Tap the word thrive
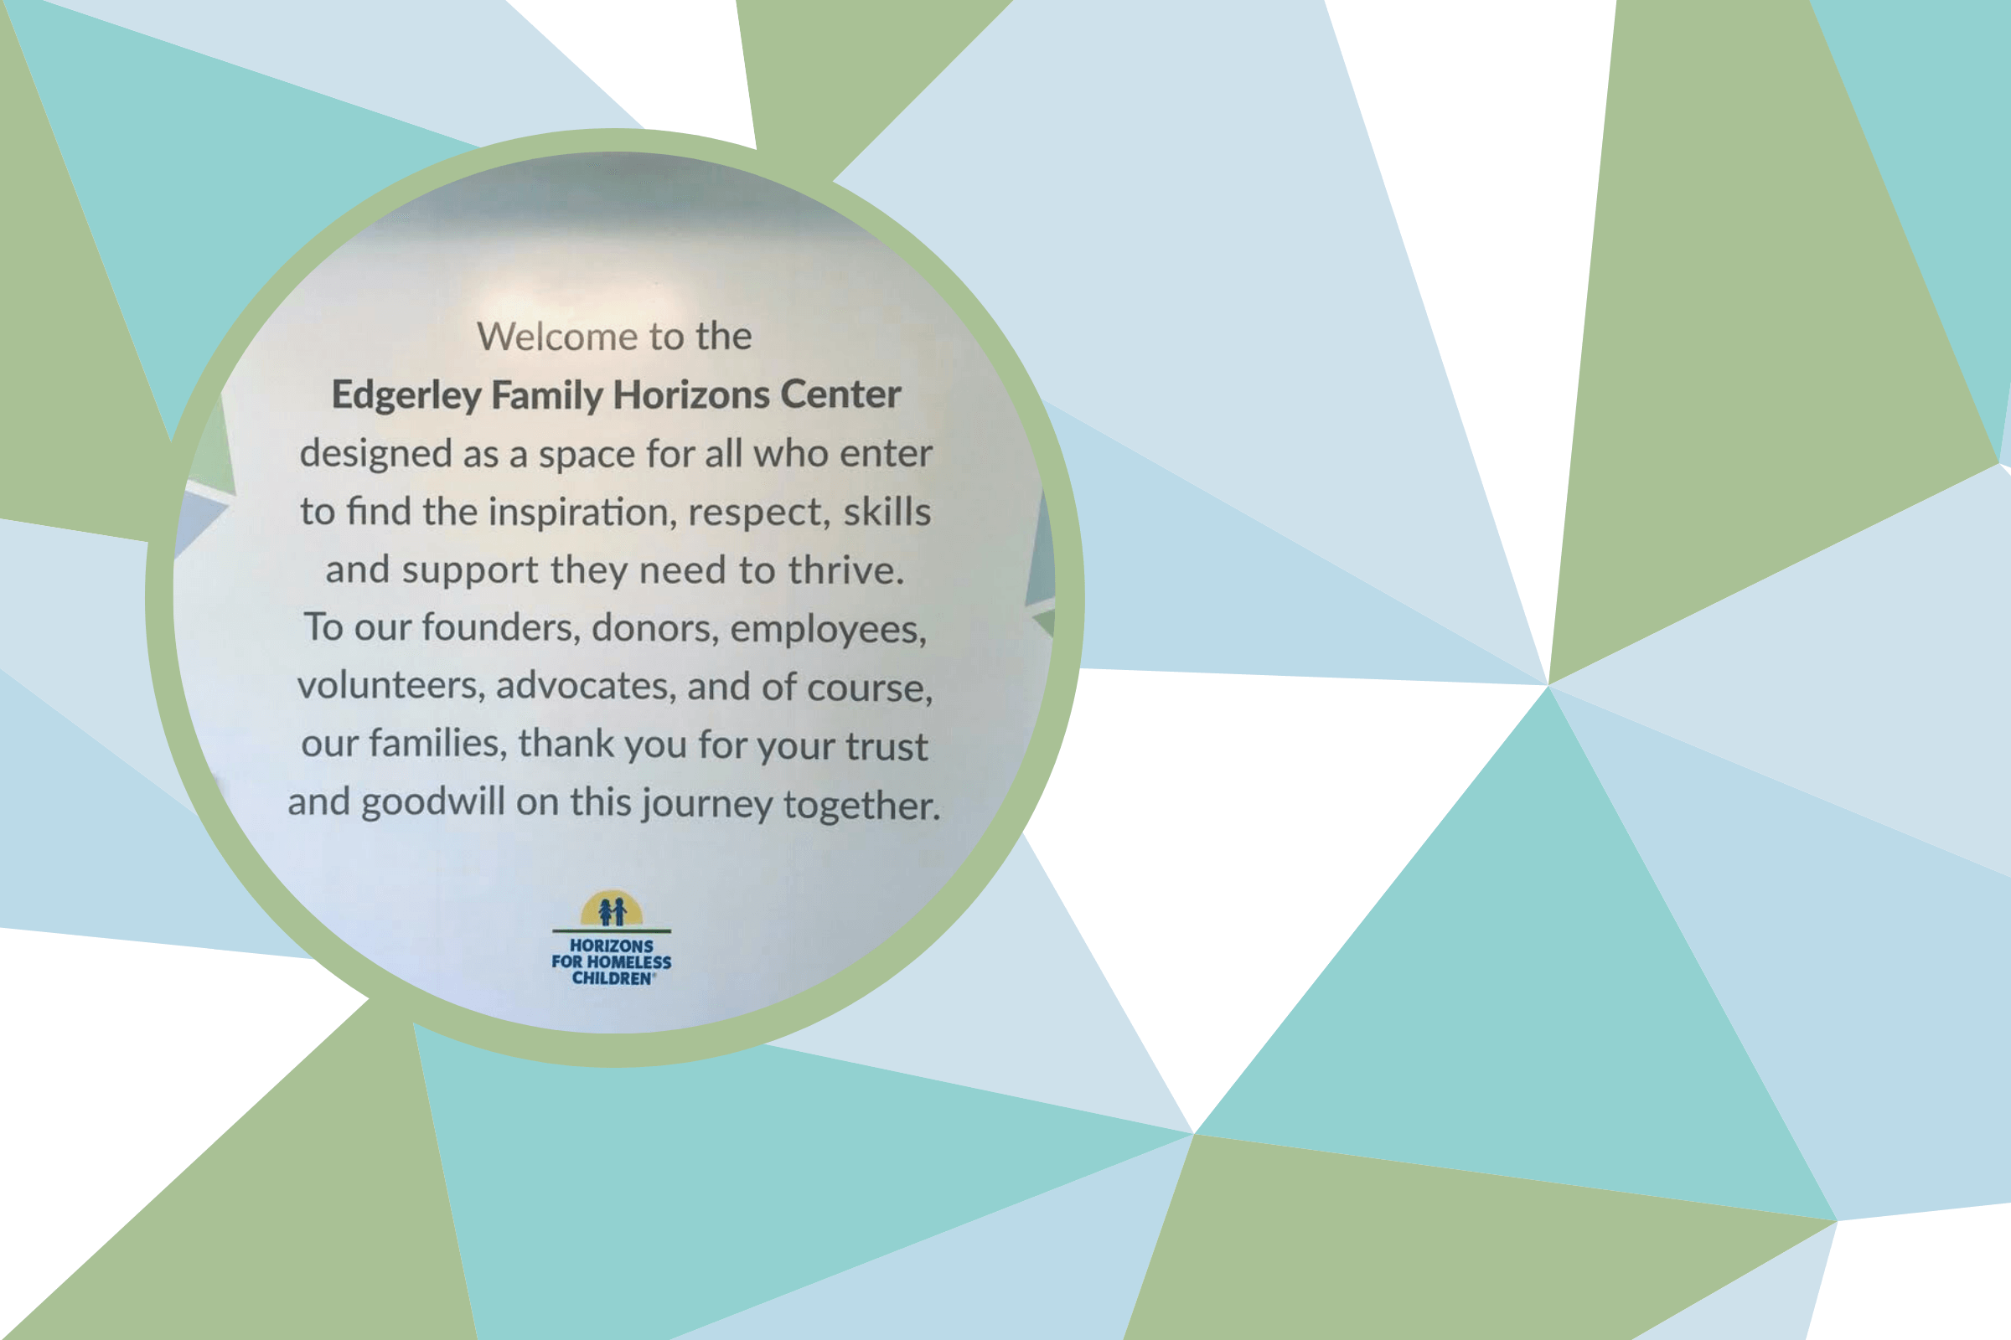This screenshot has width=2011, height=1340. tap(845, 570)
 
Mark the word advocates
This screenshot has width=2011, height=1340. tap(587, 686)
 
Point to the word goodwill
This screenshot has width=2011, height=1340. tap(432, 803)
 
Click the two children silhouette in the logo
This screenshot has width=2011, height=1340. tap(613, 911)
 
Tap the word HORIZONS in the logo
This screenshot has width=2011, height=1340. tap(612, 946)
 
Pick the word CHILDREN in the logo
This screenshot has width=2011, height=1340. tap(613, 978)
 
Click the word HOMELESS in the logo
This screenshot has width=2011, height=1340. tap(628, 962)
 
